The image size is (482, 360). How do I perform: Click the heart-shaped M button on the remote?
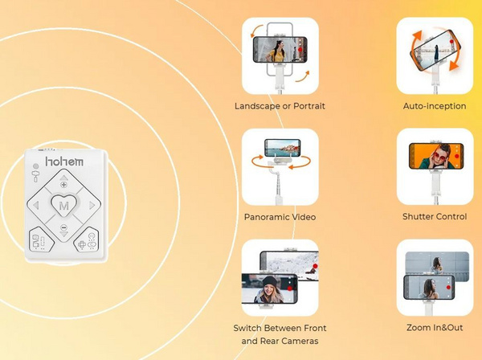63,205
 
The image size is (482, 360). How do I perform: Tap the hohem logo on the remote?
64,162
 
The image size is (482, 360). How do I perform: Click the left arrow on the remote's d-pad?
36,205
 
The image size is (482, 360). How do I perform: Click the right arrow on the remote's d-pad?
92,205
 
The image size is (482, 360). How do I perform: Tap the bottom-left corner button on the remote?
41,240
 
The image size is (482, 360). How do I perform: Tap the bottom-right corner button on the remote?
87,240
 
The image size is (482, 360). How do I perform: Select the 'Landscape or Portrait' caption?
280,106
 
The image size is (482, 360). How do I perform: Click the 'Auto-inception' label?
435,106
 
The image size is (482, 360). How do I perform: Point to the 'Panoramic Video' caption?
280,217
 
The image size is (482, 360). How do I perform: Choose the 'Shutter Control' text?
435,216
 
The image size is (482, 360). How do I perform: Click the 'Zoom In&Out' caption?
435,327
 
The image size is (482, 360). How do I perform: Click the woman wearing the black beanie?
269,289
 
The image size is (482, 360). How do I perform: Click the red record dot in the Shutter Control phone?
457,156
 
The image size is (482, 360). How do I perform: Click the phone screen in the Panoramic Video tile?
283,148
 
